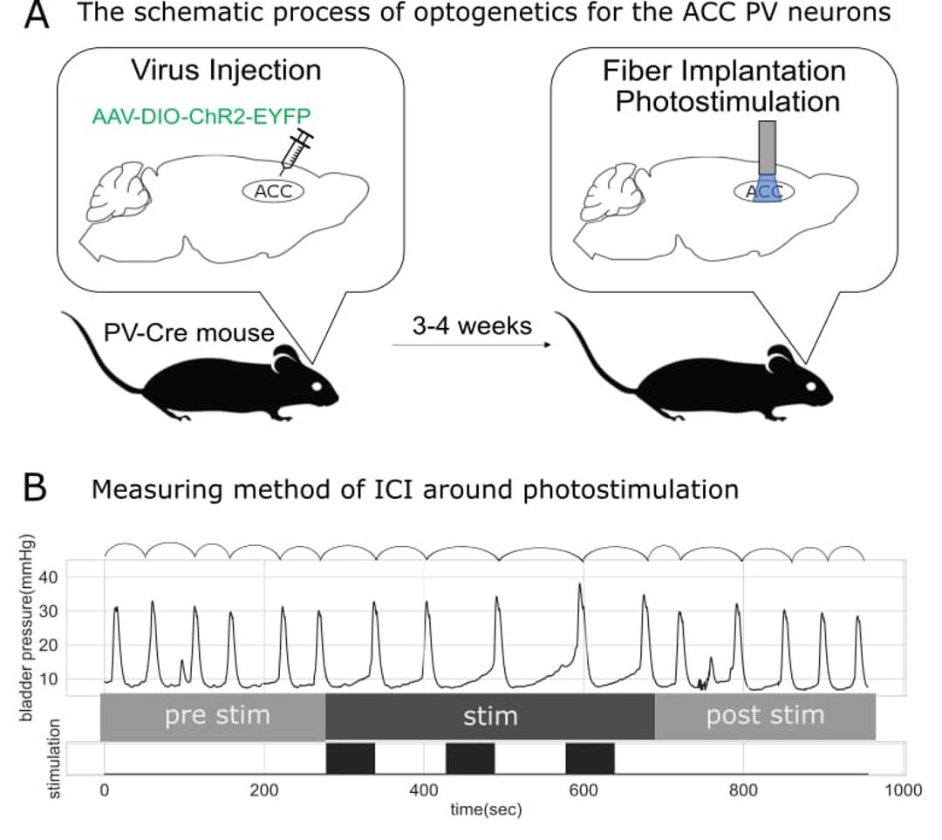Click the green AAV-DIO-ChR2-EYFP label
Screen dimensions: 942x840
click(x=201, y=116)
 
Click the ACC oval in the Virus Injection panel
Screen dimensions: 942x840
click(x=273, y=191)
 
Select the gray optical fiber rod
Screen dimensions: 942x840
click(x=768, y=147)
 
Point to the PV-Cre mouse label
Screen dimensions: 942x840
click(x=188, y=332)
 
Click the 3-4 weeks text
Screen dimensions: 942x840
click(x=472, y=325)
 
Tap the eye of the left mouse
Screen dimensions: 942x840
click(x=317, y=386)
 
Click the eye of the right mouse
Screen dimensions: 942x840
click(x=810, y=386)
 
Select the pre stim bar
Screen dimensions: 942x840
click(x=213, y=716)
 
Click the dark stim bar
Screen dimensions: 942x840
click(x=490, y=716)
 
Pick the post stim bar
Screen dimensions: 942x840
click(x=766, y=716)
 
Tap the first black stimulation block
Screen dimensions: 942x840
click(x=351, y=758)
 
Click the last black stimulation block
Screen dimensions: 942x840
click(x=590, y=758)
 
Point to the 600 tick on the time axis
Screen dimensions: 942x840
click(x=584, y=789)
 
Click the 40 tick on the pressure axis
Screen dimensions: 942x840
click(x=48, y=577)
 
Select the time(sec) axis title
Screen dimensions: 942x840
click(x=486, y=810)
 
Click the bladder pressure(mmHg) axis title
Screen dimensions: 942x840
click(x=27, y=628)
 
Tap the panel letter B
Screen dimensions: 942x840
click(x=35, y=488)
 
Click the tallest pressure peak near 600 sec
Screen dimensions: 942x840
click(x=580, y=584)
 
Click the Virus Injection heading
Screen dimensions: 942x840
click(x=227, y=71)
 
